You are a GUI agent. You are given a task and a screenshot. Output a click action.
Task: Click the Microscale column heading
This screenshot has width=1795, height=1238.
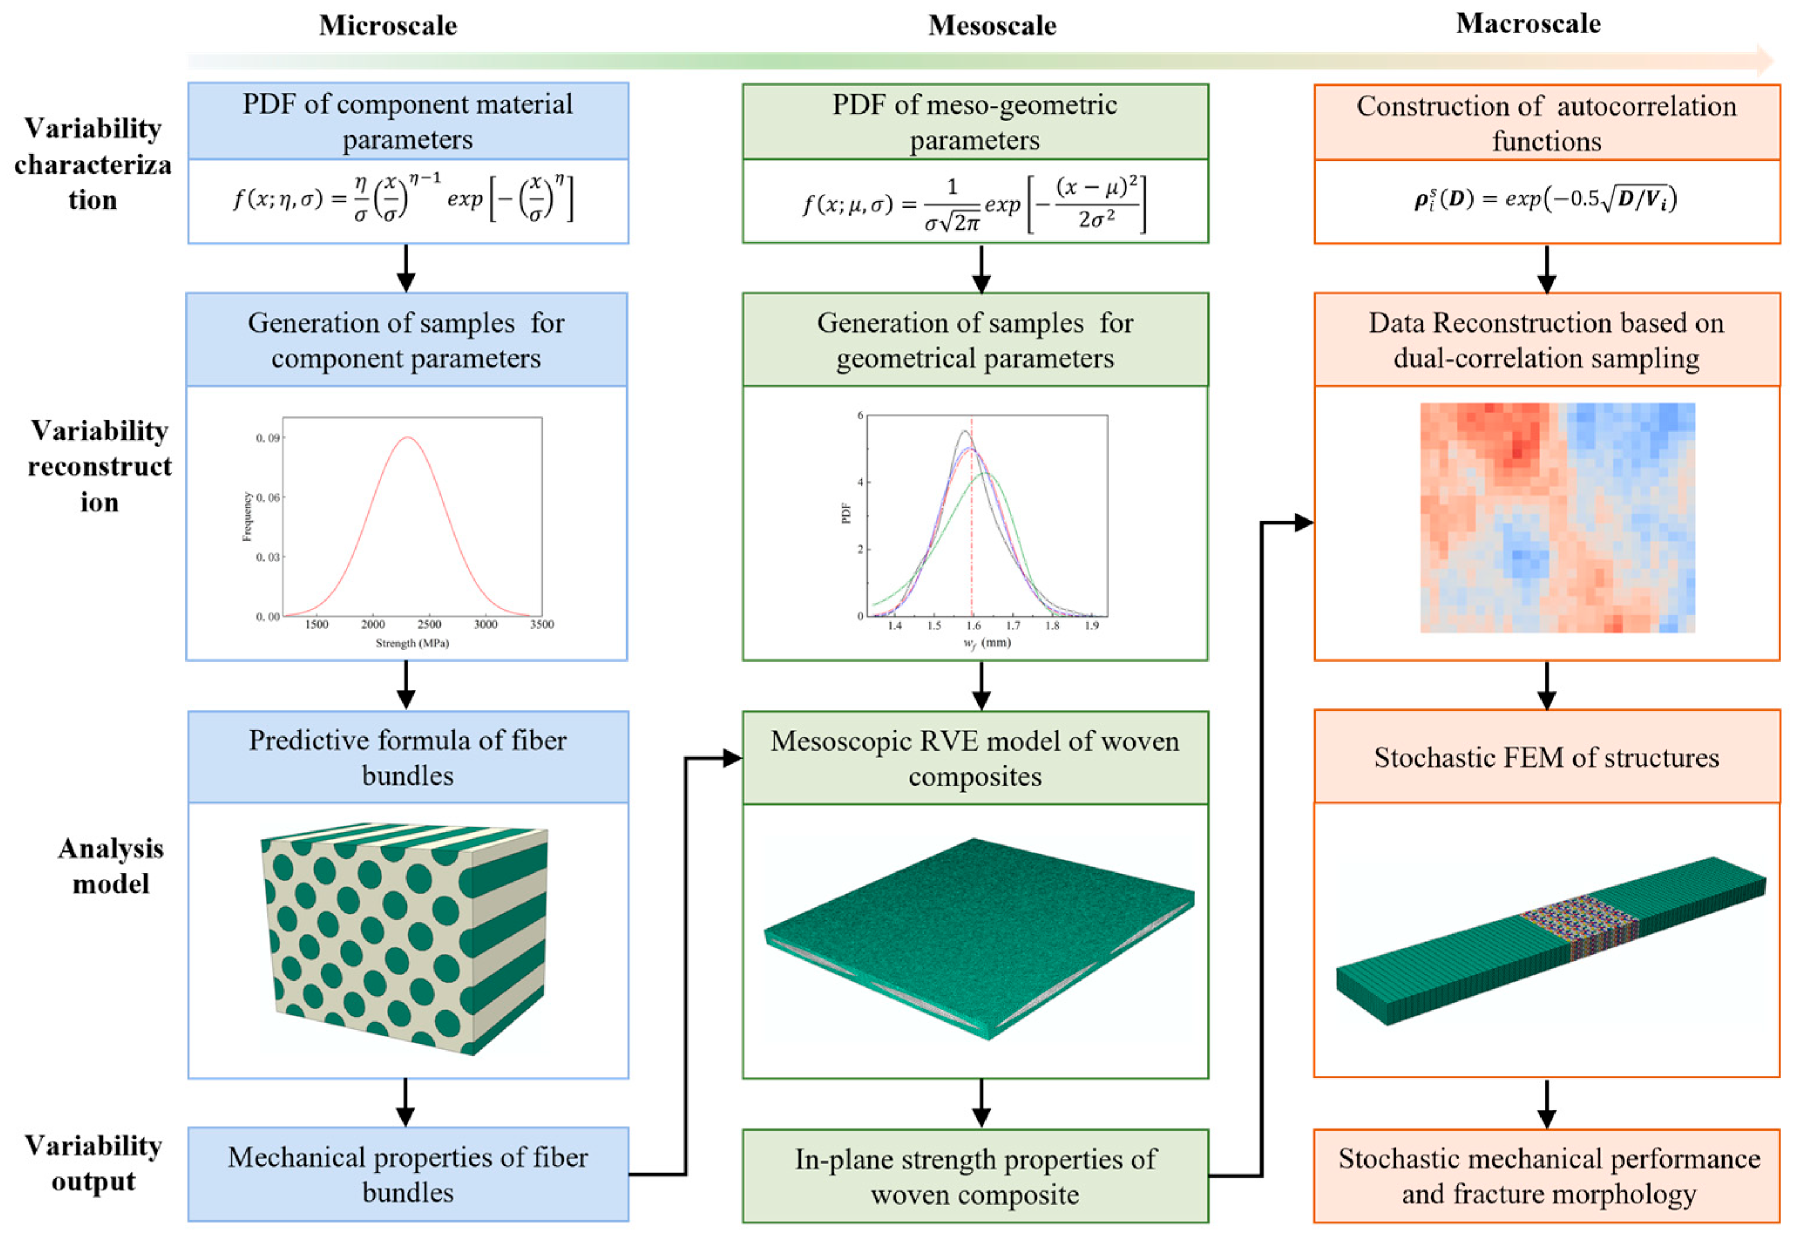coord(388,26)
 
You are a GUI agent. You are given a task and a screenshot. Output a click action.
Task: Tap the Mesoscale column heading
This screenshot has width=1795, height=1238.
coord(992,26)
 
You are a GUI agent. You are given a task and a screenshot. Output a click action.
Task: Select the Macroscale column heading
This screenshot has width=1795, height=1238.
coord(1528,23)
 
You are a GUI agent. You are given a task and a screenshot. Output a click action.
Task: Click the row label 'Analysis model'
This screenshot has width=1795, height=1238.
coord(111,866)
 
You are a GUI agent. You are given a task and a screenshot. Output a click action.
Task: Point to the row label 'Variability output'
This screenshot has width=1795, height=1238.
coord(93,1163)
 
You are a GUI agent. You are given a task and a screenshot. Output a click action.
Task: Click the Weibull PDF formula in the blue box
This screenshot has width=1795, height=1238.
coord(404,199)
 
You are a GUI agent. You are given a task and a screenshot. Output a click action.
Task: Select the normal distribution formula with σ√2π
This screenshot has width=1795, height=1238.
coord(974,204)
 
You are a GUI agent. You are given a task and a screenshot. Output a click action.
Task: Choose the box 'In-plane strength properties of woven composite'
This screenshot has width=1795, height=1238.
coord(975,1177)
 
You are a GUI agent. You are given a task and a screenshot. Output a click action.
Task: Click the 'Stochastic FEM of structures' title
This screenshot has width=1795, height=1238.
coord(1546,757)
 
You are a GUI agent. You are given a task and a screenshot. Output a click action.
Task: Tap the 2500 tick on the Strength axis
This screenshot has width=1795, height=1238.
coord(429,625)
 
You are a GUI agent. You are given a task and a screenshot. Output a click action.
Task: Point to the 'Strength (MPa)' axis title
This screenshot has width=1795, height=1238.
coord(412,643)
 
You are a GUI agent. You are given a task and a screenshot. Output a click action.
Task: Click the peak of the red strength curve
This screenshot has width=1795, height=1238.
coord(407,438)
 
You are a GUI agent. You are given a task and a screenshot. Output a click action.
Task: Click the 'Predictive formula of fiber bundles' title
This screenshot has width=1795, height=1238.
coord(408,757)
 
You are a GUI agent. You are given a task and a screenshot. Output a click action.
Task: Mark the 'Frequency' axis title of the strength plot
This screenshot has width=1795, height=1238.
coord(248,517)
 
